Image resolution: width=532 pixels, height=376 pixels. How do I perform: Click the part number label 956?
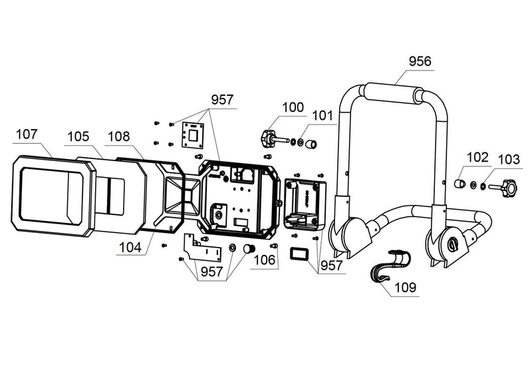click(x=420, y=61)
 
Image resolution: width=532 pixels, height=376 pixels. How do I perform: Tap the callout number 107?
click(x=27, y=134)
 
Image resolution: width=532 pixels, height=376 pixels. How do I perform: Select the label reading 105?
click(x=78, y=136)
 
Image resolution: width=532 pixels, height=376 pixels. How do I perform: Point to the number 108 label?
click(x=119, y=136)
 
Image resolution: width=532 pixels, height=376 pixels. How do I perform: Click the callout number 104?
click(x=130, y=248)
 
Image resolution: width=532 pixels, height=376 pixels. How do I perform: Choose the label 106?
click(x=264, y=260)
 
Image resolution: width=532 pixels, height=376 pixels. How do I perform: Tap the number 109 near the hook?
click(x=405, y=287)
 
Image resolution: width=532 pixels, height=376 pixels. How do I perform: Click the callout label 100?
click(x=293, y=107)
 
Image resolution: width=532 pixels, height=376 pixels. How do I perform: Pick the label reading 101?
click(x=323, y=116)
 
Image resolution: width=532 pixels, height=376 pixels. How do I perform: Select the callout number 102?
click(x=477, y=158)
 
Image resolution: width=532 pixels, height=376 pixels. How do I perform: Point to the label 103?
click(x=509, y=159)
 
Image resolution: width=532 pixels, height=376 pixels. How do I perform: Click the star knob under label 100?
click(x=268, y=138)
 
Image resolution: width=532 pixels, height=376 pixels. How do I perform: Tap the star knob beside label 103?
click(x=508, y=186)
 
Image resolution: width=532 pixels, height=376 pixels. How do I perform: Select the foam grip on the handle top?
click(x=392, y=93)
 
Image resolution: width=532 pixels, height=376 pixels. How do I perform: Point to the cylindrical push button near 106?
click(x=249, y=248)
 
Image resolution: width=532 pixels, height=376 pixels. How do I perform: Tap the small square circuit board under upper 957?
click(x=193, y=135)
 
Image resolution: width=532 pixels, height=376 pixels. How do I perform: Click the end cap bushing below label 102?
click(x=459, y=184)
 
